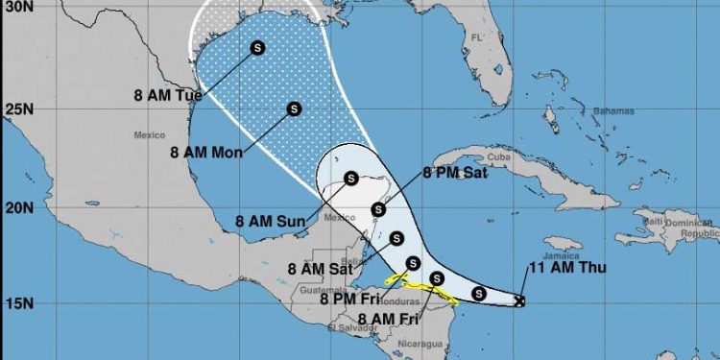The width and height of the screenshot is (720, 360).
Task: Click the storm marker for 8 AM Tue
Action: (258, 47)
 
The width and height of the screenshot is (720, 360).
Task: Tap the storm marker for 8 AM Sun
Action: (351, 178)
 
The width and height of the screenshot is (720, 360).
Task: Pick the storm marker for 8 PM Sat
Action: (378, 208)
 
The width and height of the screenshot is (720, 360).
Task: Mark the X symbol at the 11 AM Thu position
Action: (519, 300)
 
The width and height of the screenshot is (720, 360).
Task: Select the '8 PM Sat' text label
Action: (455, 174)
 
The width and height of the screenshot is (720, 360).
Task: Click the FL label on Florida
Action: (475, 37)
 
